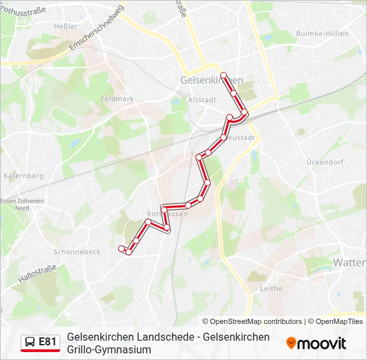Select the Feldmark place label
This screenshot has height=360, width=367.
click(117, 99)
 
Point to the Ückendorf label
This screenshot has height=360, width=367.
click(324, 162)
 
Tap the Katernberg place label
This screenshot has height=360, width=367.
click(23, 176)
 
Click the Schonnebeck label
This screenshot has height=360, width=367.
click(77, 252)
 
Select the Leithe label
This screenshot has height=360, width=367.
click(271, 288)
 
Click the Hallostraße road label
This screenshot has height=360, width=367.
click(37, 274)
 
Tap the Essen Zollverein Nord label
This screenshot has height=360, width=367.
click(22, 204)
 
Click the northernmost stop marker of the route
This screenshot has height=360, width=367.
click(224, 75)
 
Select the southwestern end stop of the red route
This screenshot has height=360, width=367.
click(121, 249)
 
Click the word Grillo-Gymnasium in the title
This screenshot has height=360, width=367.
click(109, 349)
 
